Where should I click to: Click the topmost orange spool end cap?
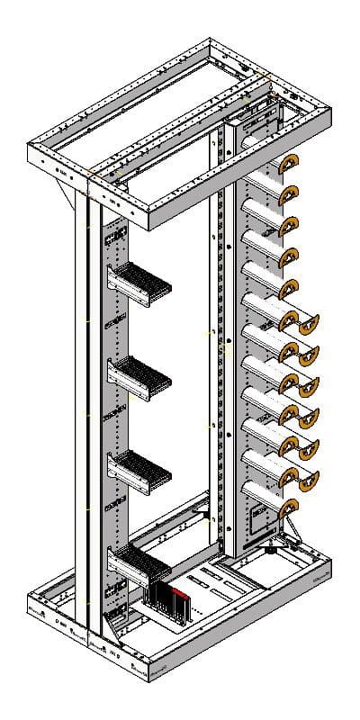pos(287,166)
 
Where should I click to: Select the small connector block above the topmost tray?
pos(115,239)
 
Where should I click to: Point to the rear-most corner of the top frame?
pos(210,40)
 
